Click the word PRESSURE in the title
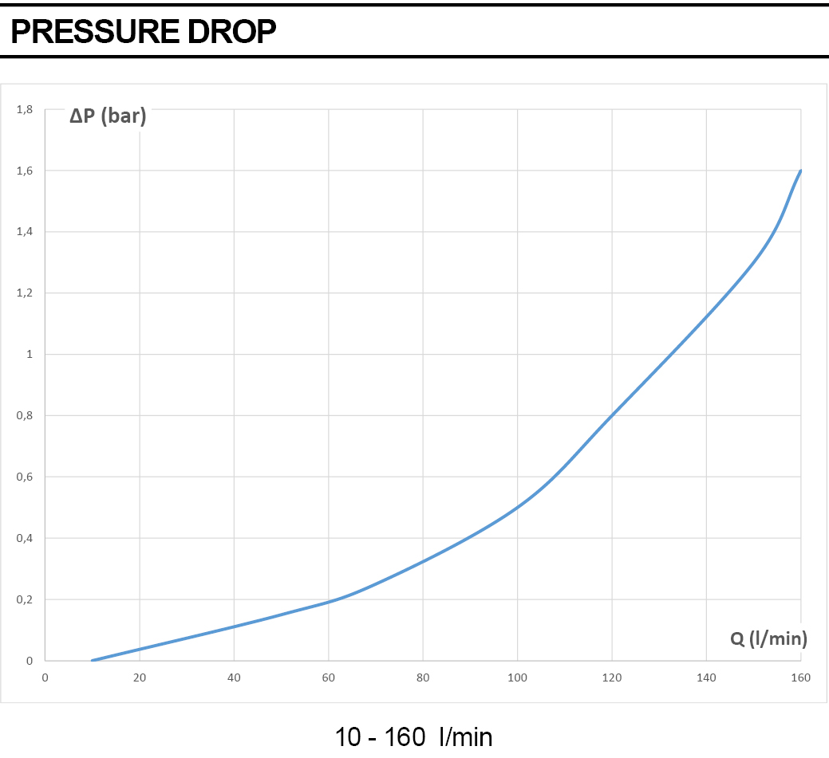pos(95,31)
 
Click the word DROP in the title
pos(231,31)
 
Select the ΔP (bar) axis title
pos(108,115)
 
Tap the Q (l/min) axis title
pos(768,638)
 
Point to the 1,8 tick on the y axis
pos(24,109)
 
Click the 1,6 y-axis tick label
pos(24,171)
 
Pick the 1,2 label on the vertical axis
pos(24,293)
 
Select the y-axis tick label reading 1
pos(30,354)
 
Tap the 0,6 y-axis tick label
pos(24,477)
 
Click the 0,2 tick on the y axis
pos(24,599)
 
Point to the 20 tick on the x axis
pos(140,677)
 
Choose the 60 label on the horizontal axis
pos(328,677)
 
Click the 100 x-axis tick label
pos(518,677)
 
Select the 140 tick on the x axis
pos(706,677)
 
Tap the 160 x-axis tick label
pos(801,677)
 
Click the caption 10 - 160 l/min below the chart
pos(413,736)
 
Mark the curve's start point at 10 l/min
pos(93,660)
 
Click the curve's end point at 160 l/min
pos(801,171)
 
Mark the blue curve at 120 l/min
pos(612,415)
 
